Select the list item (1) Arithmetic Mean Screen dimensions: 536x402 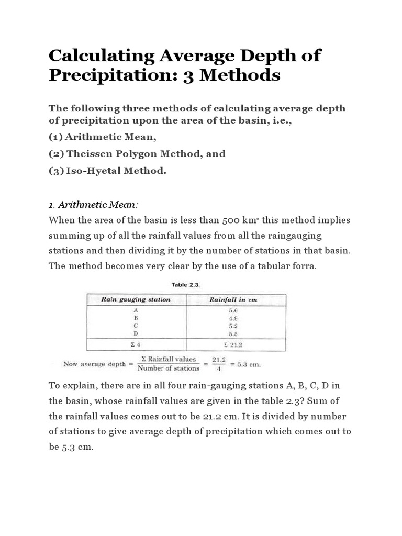click(103, 137)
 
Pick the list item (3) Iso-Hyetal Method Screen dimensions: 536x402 click(107, 170)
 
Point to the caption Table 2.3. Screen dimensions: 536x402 click(186, 285)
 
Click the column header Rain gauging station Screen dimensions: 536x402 click(136, 300)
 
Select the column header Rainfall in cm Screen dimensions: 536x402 click(233, 300)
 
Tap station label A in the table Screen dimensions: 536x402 click(136, 310)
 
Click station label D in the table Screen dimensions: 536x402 click(136, 333)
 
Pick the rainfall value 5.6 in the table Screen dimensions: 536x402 click(233, 310)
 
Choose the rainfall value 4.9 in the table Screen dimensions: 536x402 click(233, 318)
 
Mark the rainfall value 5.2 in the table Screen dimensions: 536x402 click(233, 325)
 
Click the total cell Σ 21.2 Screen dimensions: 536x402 click(233, 345)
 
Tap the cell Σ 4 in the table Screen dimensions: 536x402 click(136, 345)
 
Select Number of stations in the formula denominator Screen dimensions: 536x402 click(168, 368)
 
